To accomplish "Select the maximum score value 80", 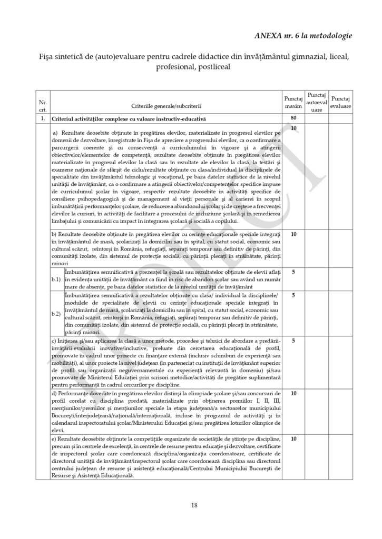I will pos(293,119).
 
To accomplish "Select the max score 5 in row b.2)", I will pos(293,295).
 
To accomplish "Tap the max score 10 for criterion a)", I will pos(293,129).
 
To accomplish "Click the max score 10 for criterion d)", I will pos(293,393).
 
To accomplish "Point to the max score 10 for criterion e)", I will pos(293,439).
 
